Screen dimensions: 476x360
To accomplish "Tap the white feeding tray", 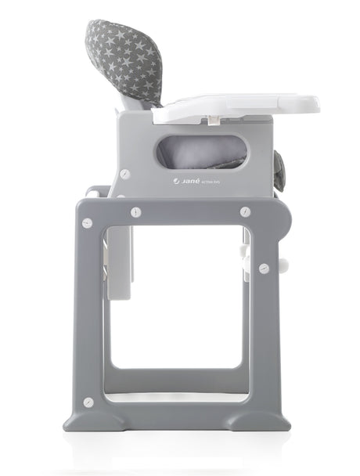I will (235, 107).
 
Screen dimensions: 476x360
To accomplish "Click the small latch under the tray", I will (212, 120).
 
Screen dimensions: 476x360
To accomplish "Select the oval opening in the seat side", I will (200, 150).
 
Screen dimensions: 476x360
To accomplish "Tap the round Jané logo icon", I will (177, 182).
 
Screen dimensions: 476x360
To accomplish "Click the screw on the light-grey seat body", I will (125, 174).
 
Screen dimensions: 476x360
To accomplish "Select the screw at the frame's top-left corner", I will (88, 223).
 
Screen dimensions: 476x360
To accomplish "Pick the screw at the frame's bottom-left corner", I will (88, 402).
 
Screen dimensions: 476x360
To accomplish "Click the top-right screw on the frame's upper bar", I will (245, 211).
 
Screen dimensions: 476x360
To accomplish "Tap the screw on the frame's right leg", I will (265, 268).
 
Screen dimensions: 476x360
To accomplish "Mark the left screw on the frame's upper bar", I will (136, 211).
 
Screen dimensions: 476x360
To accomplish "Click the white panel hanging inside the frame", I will (119, 266).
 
